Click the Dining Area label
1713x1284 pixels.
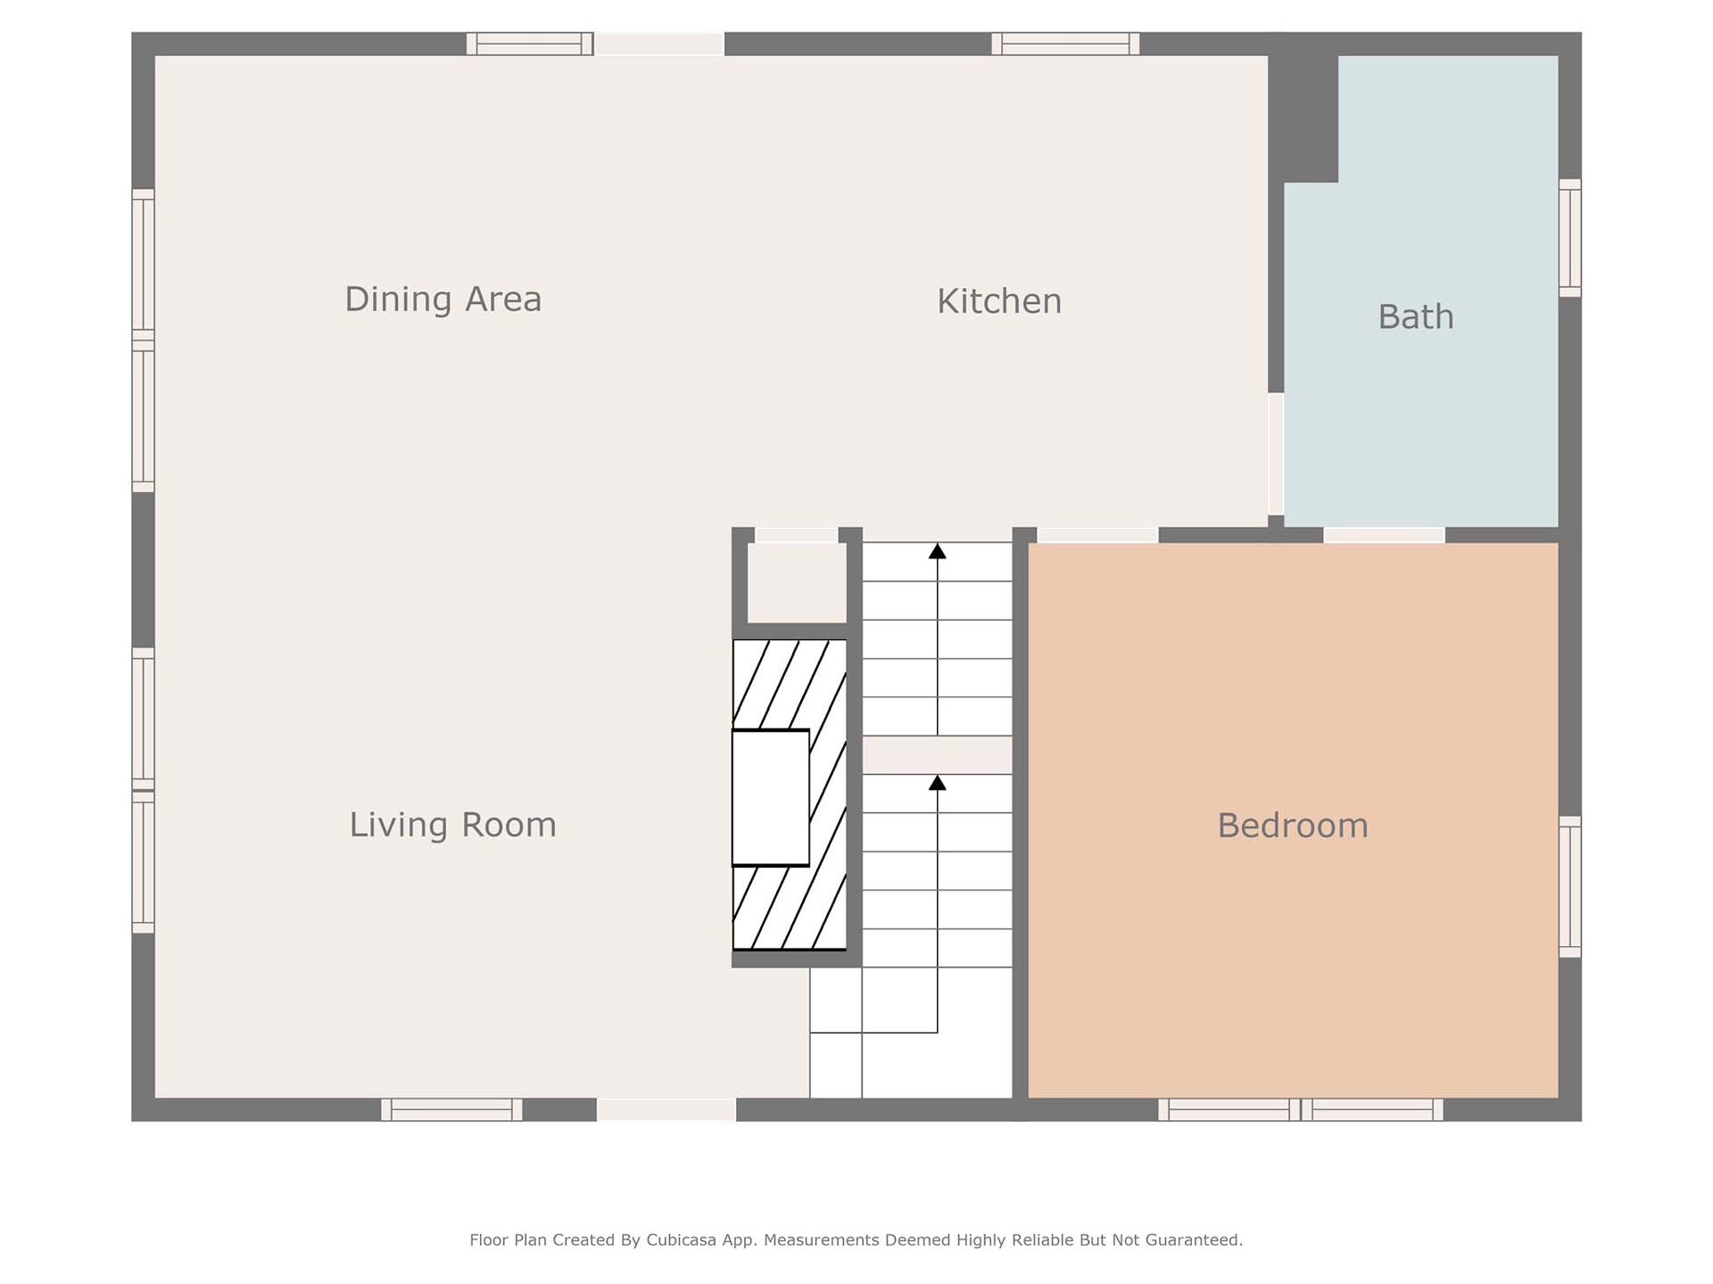pyautogui.click(x=443, y=300)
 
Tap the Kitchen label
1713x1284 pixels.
pyautogui.click(x=999, y=301)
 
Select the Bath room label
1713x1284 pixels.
pyautogui.click(x=1416, y=317)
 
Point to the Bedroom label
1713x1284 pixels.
pyautogui.click(x=1293, y=826)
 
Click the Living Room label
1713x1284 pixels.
pyautogui.click(x=452, y=825)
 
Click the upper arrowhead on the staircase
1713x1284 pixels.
pyautogui.click(x=937, y=552)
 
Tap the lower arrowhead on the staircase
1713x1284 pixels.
pyautogui.click(x=937, y=783)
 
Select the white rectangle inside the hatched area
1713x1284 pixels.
pyautogui.click(x=771, y=798)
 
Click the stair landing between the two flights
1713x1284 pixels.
pyautogui.click(x=937, y=754)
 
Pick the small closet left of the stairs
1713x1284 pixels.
pyautogui.click(x=797, y=583)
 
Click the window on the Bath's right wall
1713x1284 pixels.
pyautogui.click(x=1570, y=238)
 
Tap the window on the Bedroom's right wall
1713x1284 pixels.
pyautogui.click(x=1570, y=887)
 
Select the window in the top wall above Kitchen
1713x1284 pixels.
pyautogui.click(x=1065, y=44)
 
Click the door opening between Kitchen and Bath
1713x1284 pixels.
pyautogui.click(x=1276, y=454)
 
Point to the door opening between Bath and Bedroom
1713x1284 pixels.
pyautogui.click(x=1384, y=535)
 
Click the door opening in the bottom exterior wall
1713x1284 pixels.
pyautogui.click(x=666, y=1109)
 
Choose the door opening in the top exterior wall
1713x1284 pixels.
pyautogui.click(x=659, y=44)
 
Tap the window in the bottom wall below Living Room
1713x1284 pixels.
pyautogui.click(x=451, y=1109)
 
